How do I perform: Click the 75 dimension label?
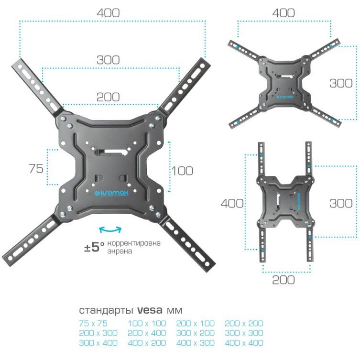point(36,168)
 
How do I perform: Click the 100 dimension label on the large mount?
point(182,171)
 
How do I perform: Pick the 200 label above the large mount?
point(108,96)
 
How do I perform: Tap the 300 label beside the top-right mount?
point(341,83)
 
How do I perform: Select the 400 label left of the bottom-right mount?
point(232,203)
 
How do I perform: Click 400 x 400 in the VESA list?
point(244,343)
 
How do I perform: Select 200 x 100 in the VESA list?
point(195,323)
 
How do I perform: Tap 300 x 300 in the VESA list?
point(244,333)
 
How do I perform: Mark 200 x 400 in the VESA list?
point(147,333)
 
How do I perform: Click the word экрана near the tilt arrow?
point(120,251)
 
